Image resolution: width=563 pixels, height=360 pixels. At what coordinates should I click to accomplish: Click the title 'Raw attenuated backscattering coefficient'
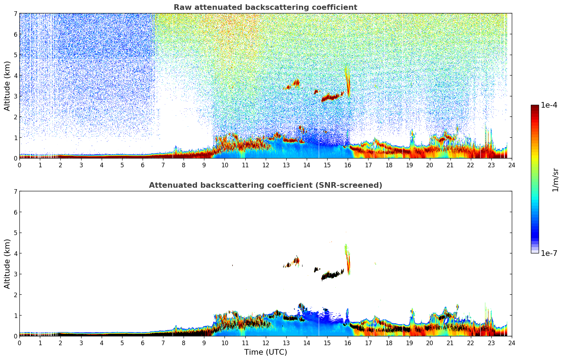click(265, 7)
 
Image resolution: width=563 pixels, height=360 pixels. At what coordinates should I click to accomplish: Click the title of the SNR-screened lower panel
click(265, 185)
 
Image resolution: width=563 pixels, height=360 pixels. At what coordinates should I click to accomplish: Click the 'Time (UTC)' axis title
click(265, 352)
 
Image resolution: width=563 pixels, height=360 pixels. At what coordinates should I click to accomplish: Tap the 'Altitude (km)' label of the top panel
click(7, 86)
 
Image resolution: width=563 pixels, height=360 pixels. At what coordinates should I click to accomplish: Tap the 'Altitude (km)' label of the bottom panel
click(7, 264)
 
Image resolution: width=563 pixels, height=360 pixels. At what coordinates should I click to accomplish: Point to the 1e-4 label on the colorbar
click(549, 105)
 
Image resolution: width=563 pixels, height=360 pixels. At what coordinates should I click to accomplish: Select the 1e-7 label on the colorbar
click(549, 253)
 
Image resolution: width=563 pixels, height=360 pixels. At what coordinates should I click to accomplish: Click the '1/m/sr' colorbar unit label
click(555, 180)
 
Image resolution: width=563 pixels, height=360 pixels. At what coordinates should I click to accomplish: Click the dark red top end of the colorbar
click(535, 107)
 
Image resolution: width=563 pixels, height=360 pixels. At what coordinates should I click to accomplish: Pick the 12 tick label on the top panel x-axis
click(265, 165)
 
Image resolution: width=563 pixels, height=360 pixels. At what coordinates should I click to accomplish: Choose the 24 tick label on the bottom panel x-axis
click(511, 343)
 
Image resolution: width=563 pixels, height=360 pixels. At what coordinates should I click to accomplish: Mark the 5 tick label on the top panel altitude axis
click(15, 55)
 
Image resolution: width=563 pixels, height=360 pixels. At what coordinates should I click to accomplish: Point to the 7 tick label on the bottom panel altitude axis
click(15, 191)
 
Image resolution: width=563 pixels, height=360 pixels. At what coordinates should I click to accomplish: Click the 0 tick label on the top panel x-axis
click(19, 165)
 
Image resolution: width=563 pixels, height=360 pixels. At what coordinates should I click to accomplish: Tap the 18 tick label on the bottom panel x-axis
click(389, 343)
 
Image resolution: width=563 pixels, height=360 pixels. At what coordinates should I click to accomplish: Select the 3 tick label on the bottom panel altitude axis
click(15, 274)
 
